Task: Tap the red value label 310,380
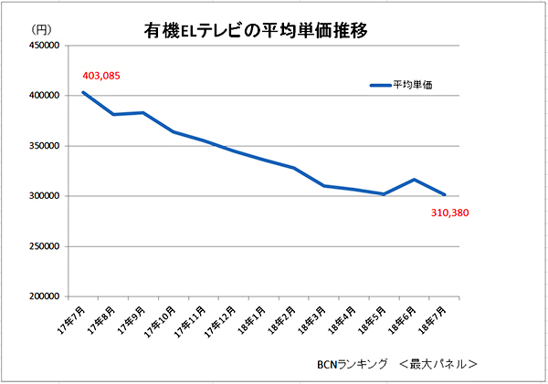tap(449, 213)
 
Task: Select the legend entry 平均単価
tap(412, 85)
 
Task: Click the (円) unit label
tap(40, 31)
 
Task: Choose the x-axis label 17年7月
tap(71, 318)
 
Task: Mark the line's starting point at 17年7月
tap(83, 92)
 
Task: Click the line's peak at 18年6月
tap(414, 180)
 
